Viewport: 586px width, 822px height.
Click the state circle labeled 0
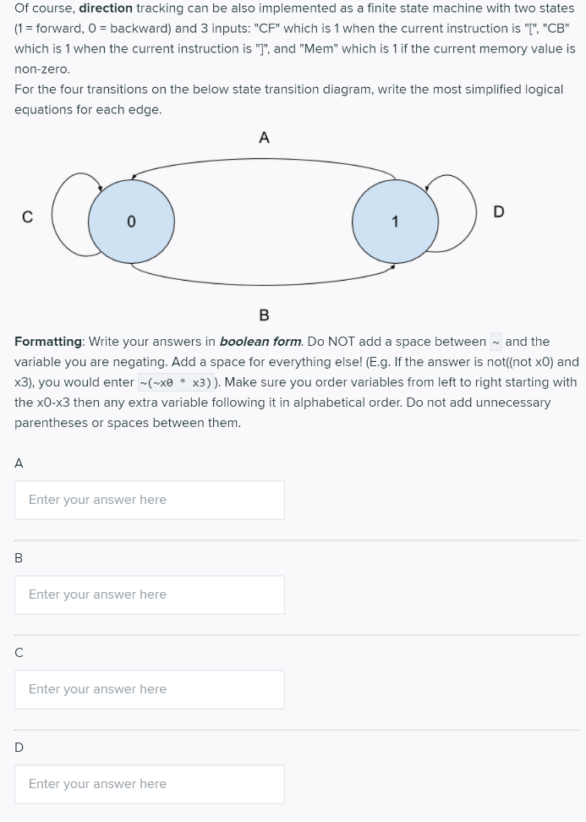click(131, 221)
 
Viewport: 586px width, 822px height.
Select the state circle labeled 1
click(395, 221)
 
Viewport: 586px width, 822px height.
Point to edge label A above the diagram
click(264, 138)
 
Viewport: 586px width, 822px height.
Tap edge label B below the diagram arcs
click(264, 315)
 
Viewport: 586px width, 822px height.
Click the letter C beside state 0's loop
click(27, 217)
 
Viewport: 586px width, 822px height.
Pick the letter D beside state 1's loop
click(498, 211)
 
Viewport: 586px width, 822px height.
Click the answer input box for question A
click(150, 500)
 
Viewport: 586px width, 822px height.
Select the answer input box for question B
click(150, 595)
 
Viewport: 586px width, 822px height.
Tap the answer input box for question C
click(150, 689)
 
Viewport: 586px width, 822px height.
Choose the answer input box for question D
click(150, 784)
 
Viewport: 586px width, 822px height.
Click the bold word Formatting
click(48, 342)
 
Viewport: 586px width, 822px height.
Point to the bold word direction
click(106, 8)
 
